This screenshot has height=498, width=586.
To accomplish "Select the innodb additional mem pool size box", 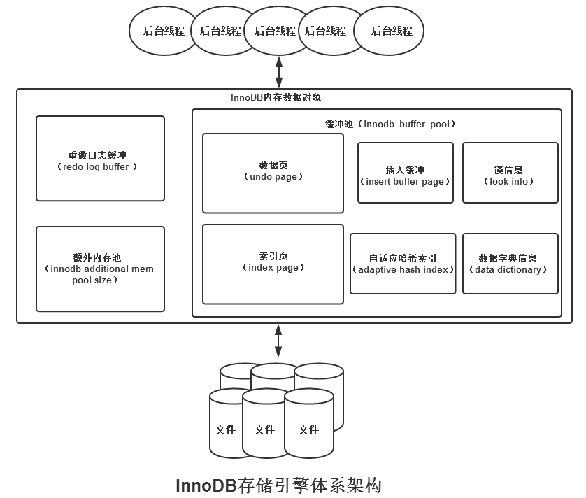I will [100, 269].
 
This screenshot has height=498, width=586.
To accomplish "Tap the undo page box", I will [273, 173].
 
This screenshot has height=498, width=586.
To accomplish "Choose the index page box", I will [273, 264].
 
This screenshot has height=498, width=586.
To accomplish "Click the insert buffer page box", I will [406, 173].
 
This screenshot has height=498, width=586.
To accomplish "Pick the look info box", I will [510, 173].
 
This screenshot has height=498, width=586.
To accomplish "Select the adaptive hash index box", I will [403, 264].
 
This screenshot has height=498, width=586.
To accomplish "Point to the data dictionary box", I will [510, 264].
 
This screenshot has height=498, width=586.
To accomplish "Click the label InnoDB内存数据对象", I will [276, 98].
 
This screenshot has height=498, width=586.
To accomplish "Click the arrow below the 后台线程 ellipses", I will [279, 71].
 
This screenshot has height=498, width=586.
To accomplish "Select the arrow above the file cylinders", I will [278, 341].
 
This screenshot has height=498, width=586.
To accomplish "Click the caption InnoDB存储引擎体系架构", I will [278, 485].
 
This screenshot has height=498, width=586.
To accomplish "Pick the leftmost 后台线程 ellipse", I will [164, 31].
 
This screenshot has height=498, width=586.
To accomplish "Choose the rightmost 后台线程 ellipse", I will [390, 31].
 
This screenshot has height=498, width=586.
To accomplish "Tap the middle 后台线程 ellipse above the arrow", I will [275, 31].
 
